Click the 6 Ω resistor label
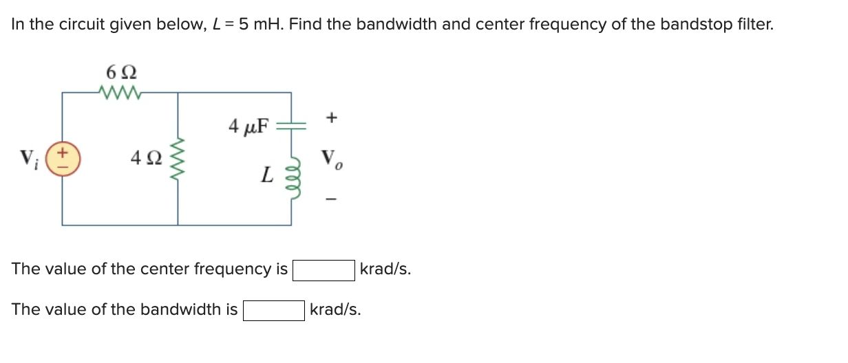click(x=121, y=72)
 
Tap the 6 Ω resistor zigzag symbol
click(x=121, y=91)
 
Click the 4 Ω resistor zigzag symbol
click(x=178, y=159)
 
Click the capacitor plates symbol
click(x=290, y=126)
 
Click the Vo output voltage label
click(x=331, y=159)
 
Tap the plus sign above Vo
click(x=332, y=118)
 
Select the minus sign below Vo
click(x=332, y=200)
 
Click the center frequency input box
click(x=324, y=270)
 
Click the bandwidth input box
click(x=274, y=311)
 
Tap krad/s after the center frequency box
click(x=385, y=269)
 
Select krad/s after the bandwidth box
click(x=335, y=310)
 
